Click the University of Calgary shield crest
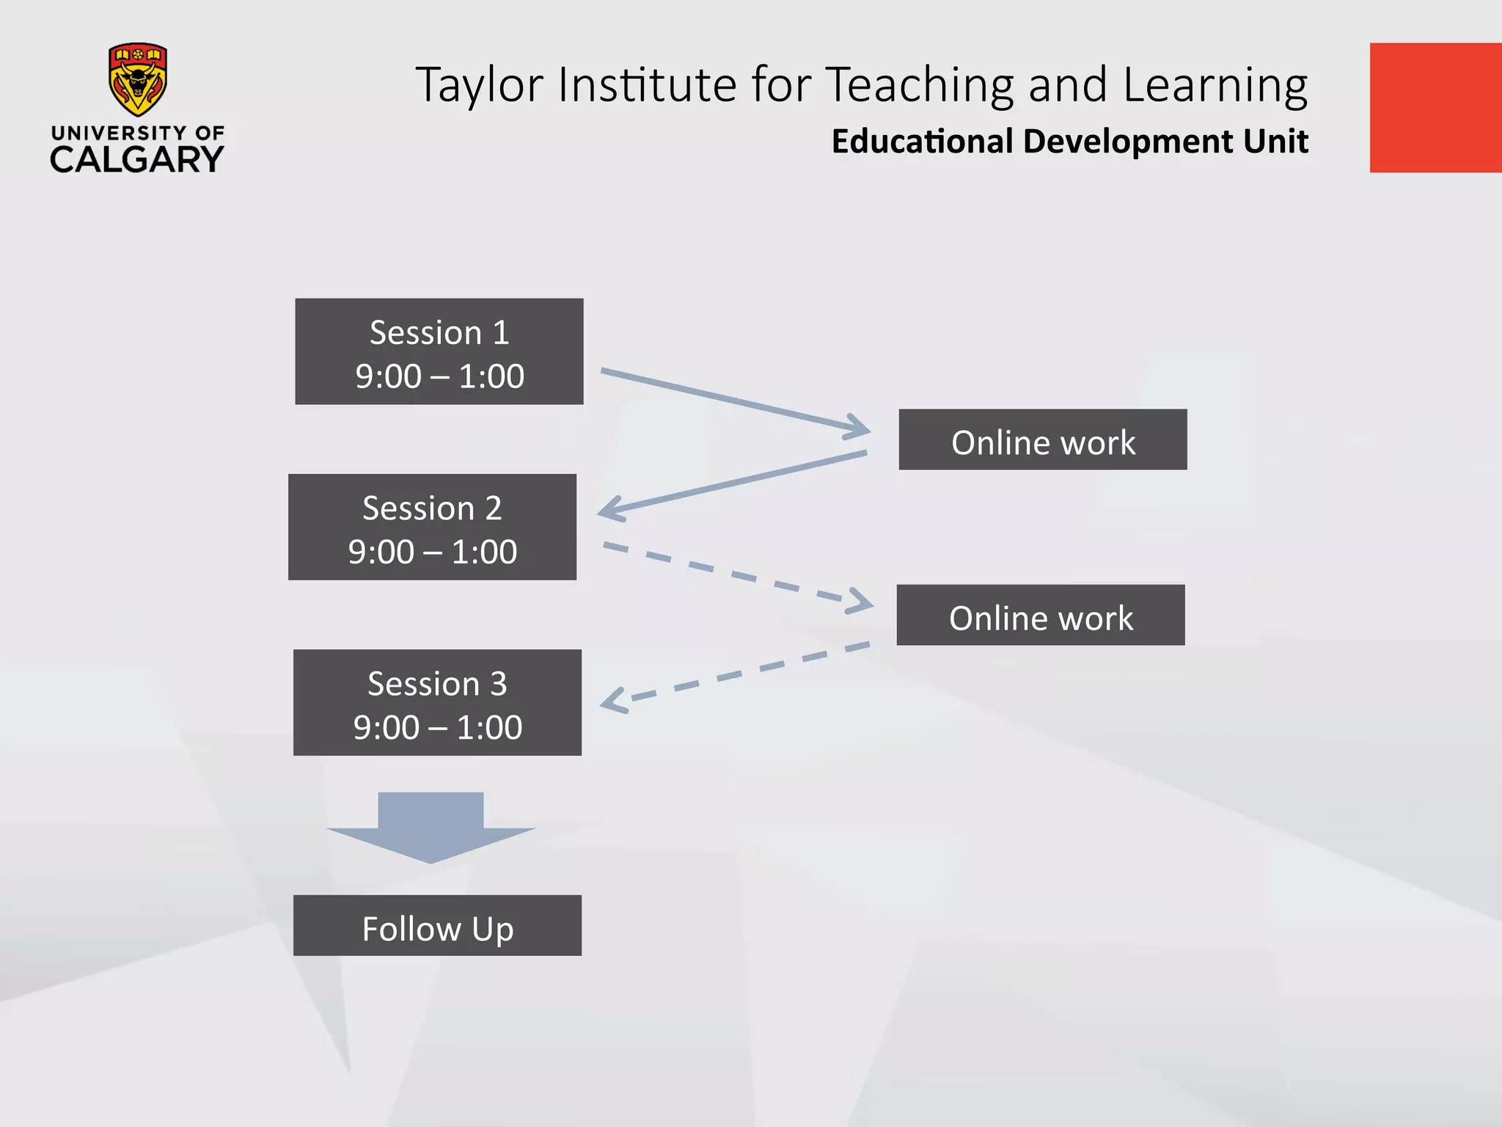tap(137, 79)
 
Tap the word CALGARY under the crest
tap(137, 159)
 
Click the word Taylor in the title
tap(479, 85)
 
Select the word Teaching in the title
tap(920, 85)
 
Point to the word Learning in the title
tap(1215, 85)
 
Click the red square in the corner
tap(1435, 108)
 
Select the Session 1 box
tap(439, 351)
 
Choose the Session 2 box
tap(432, 527)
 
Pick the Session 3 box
tap(437, 702)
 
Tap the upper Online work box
tap(1042, 440)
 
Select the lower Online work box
tap(1040, 615)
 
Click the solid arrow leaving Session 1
tap(733, 401)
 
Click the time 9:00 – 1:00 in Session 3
tap(437, 727)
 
